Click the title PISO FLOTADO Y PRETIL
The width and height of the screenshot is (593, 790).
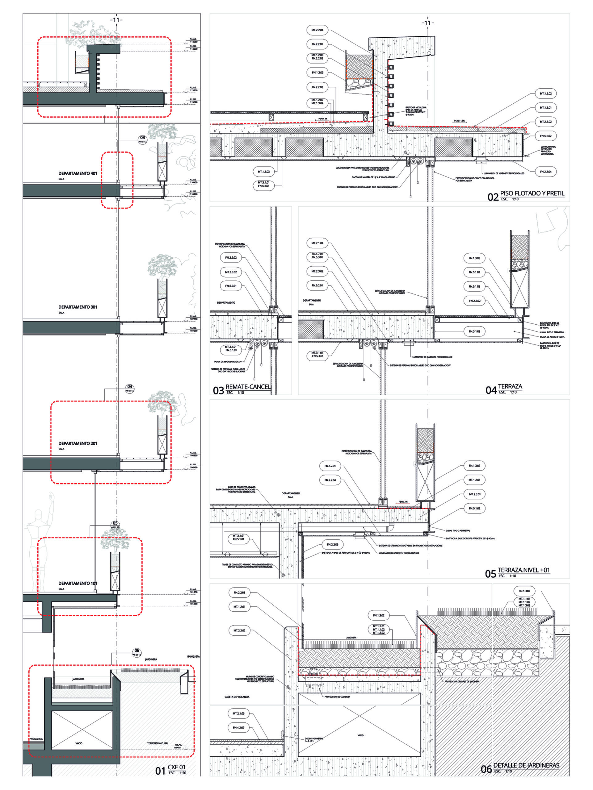coord(532,193)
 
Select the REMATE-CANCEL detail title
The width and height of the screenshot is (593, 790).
coord(248,387)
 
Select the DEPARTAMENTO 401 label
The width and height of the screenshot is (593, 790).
coord(78,173)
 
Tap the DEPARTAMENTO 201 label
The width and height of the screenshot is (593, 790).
coord(78,443)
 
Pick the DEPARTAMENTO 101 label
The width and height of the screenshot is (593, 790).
coord(78,583)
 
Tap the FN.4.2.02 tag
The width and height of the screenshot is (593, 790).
coord(239,727)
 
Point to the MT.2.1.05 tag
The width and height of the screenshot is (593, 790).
coord(239,713)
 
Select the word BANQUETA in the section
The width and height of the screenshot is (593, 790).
coord(193,656)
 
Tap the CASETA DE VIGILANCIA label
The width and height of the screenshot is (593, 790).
coord(237,697)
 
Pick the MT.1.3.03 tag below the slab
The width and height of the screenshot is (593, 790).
coord(264,172)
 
